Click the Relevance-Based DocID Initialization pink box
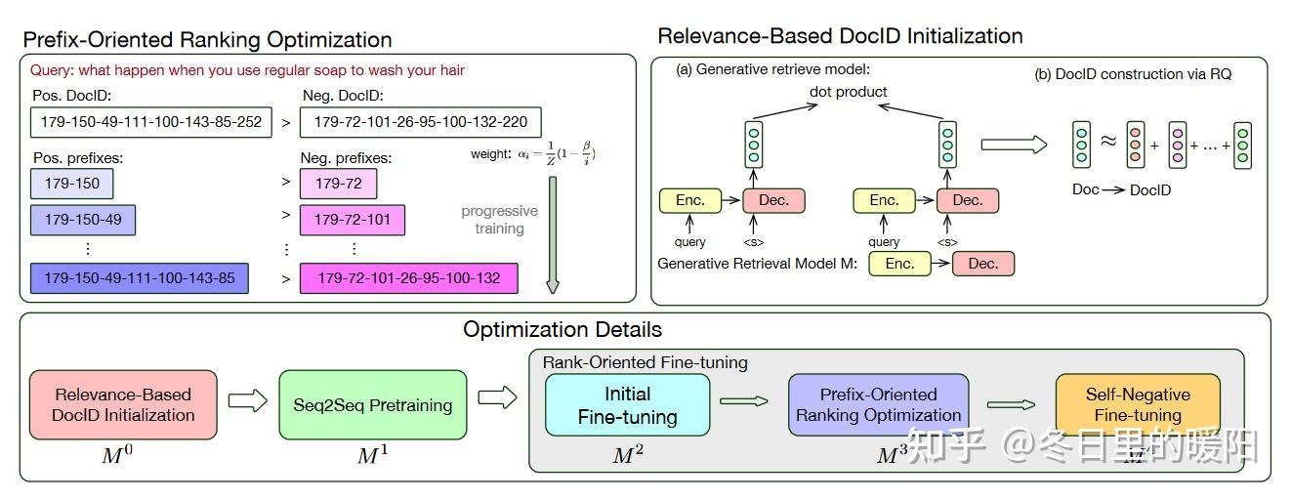(124, 404)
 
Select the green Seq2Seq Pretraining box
(373, 404)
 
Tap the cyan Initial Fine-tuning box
(627, 405)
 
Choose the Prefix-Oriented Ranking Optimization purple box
(878, 404)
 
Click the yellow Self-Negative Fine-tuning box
(1138, 404)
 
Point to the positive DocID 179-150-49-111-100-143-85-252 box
(151, 122)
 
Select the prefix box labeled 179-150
(72, 183)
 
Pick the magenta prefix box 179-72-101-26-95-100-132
(408, 278)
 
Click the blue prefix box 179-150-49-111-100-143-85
(140, 278)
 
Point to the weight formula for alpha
(533, 153)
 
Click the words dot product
(848, 92)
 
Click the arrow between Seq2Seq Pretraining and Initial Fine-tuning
(498, 398)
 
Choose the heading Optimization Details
(563, 329)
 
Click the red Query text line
(247, 70)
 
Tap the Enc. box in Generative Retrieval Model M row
(899, 264)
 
